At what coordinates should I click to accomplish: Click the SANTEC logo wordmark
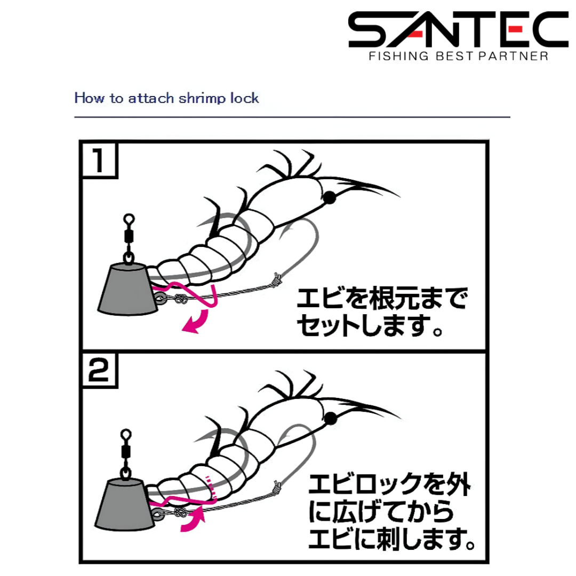point(458,29)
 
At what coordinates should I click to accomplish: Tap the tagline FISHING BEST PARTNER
point(459,56)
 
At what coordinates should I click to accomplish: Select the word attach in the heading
point(151,98)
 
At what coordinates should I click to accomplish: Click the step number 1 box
point(99,160)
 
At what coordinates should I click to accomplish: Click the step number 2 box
point(99,370)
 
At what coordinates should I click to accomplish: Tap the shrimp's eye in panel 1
point(330,198)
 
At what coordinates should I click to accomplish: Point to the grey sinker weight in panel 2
point(125,505)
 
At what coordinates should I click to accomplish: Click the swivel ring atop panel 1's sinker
point(129,220)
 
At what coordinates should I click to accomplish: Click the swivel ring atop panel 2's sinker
point(126,435)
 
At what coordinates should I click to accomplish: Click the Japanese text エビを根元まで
point(382,298)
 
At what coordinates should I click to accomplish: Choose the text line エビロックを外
point(389,484)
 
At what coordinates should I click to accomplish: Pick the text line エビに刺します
point(391,539)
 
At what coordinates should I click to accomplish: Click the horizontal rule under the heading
point(292,117)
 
